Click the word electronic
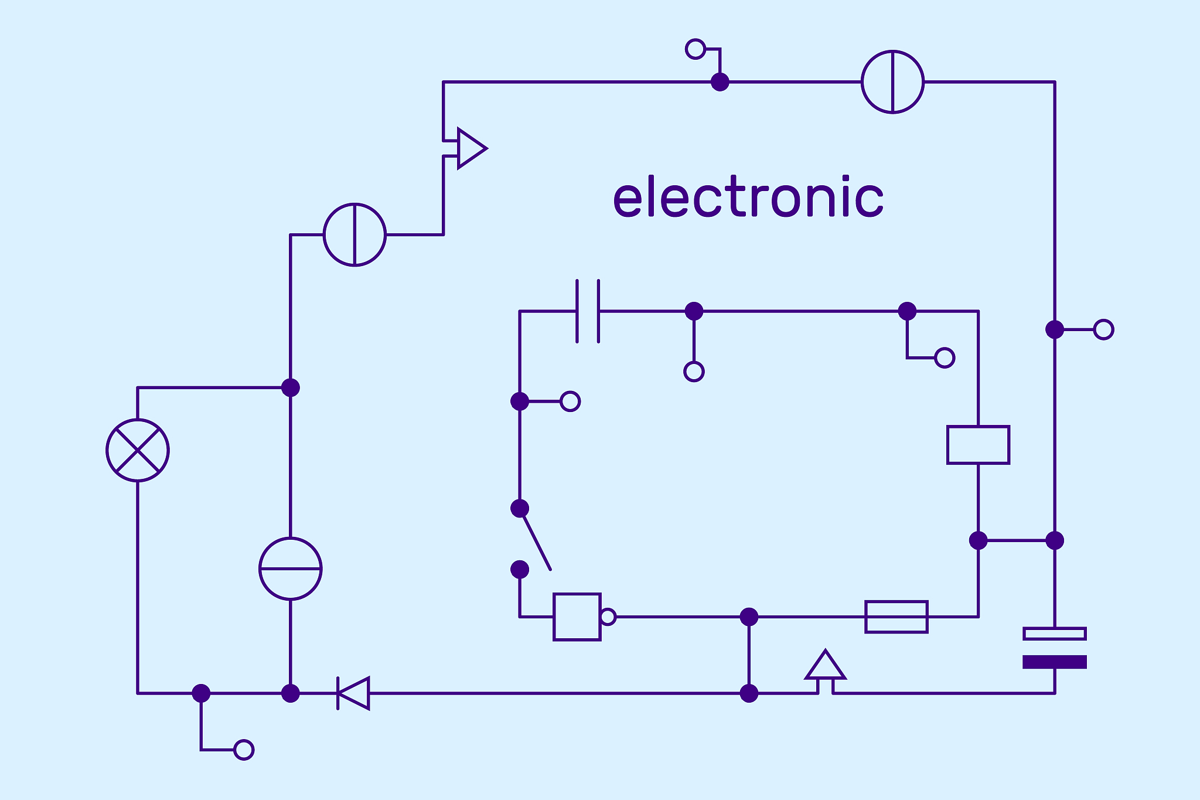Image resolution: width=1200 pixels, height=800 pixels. click(748, 198)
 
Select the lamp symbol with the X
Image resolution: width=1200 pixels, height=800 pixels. click(138, 450)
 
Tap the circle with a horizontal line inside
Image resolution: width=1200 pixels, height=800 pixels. click(290, 568)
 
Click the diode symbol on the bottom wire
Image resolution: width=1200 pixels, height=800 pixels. click(354, 693)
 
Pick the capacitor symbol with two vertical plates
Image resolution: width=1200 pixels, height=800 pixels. click(588, 311)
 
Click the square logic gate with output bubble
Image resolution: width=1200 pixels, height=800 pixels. click(577, 617)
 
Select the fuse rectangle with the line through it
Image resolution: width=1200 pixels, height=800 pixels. click(896, 617)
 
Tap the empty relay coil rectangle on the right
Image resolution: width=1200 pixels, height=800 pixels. click(978, 445)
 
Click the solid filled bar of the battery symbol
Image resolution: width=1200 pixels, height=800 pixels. click(1054, 662)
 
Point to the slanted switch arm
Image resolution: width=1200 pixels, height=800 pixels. click(536, 542)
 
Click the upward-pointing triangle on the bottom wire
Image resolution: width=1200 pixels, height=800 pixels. click(825, 666)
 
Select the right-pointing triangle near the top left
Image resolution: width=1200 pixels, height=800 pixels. click(471, 148)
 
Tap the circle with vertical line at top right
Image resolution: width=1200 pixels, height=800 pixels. click(892, 82)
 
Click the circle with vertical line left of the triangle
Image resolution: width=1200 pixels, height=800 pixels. click(354, 234)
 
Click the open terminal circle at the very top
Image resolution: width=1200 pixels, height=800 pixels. click(695, 49)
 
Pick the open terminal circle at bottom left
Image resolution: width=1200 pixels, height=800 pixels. click(244, 750)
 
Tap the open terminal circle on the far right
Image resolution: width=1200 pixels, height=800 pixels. click(1103, 329)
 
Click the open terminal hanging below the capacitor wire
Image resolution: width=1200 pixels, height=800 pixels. click(694, 372)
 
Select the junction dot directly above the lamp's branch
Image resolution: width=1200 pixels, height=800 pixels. click(290, 387)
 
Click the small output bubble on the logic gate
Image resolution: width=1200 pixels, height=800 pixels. click(608, 617)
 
